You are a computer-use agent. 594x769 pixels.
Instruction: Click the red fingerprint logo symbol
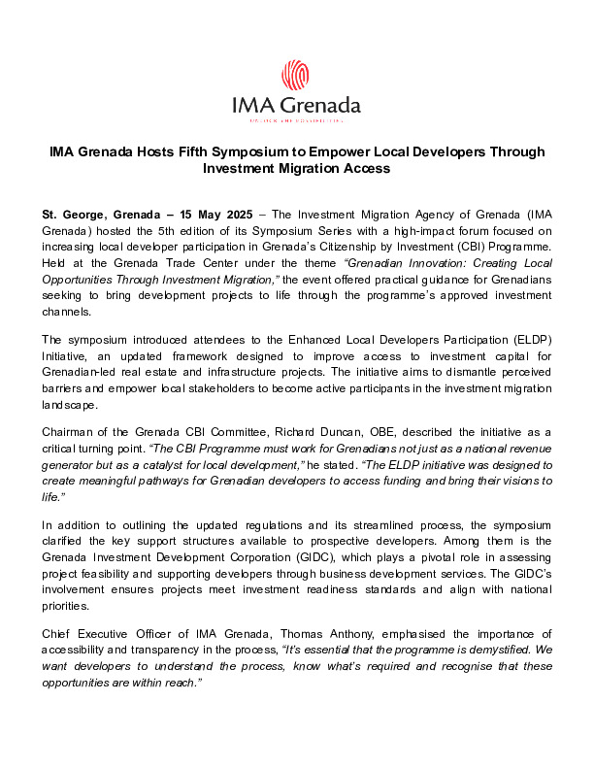tap(295, 75)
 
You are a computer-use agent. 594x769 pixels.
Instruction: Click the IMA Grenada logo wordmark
tap(296, 105)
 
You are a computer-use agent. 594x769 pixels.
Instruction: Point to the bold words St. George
tap(74, 214)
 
